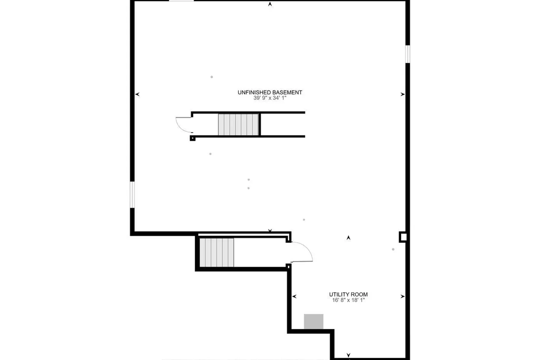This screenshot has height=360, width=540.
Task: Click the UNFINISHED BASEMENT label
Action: (270, 93)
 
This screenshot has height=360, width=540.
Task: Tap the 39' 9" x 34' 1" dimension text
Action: (270, 98)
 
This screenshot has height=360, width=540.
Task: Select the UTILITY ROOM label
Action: (348, 294)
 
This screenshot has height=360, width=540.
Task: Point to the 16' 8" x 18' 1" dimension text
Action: (348, 300)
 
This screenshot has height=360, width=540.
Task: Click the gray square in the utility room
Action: (314, 321)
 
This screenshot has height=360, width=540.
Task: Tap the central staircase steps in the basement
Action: (238, 125)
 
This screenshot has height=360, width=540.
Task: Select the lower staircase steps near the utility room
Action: (217, 252)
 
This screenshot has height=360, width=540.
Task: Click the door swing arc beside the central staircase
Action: (183, 125)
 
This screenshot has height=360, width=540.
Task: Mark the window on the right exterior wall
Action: (408, 54)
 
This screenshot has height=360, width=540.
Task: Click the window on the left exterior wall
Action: (132, 194)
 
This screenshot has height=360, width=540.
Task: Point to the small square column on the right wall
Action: (403, 237)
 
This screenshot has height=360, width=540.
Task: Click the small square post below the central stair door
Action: (193, 138)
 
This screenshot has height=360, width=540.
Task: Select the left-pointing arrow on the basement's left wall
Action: (137, 94)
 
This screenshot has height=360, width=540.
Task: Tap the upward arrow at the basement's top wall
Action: (270, 5)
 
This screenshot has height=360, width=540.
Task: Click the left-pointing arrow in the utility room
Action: (294, 297)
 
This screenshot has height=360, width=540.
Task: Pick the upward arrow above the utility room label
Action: (348, 238)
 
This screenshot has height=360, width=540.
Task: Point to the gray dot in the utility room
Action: (393, 249)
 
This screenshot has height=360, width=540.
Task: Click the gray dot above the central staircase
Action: (212, 77)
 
